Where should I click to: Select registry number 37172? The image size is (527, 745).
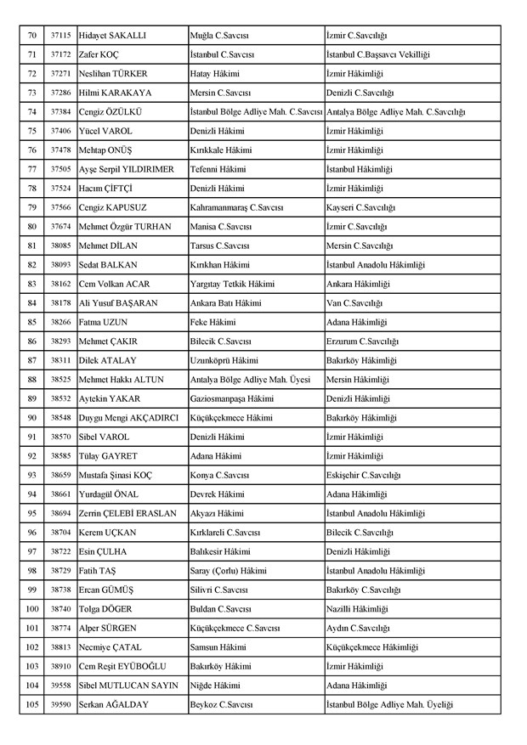[x=59, y=54]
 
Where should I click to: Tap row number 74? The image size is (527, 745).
[x=31, y=111]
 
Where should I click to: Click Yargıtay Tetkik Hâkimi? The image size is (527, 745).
[x=232, y=284]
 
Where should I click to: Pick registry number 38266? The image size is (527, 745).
[x=59, y=322]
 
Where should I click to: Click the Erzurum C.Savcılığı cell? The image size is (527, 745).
[x=362, y=341]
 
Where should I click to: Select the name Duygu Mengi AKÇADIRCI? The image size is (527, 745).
[x=128, y=418]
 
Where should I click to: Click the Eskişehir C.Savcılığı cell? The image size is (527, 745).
[x=363, y=476]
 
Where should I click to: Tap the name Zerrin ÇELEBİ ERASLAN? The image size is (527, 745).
[x=127, y=514]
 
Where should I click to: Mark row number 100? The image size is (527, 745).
[x=31, y=609]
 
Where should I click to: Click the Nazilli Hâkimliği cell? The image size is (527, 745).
[x=358, y=609]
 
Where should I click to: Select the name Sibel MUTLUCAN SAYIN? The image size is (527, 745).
[x=126, y=686]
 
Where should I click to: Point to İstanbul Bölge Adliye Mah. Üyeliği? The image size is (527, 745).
[x=389, y=705]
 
